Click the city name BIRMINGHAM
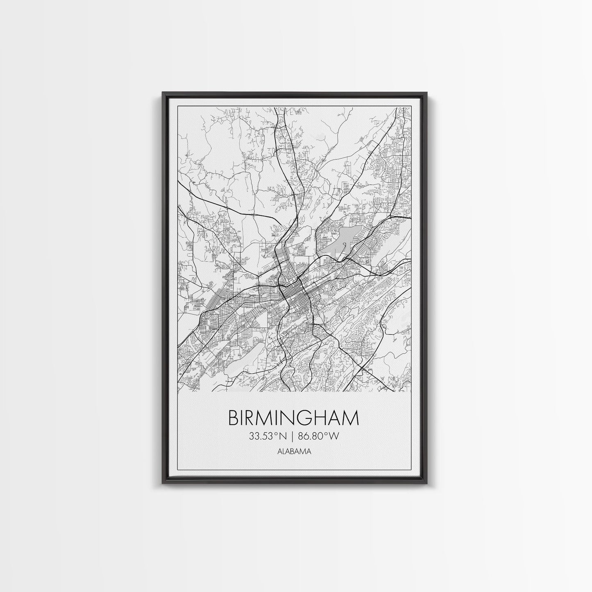[x=293, y=418]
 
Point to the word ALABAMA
[x=294, y=452]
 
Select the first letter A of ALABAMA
[x=280, y=452]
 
